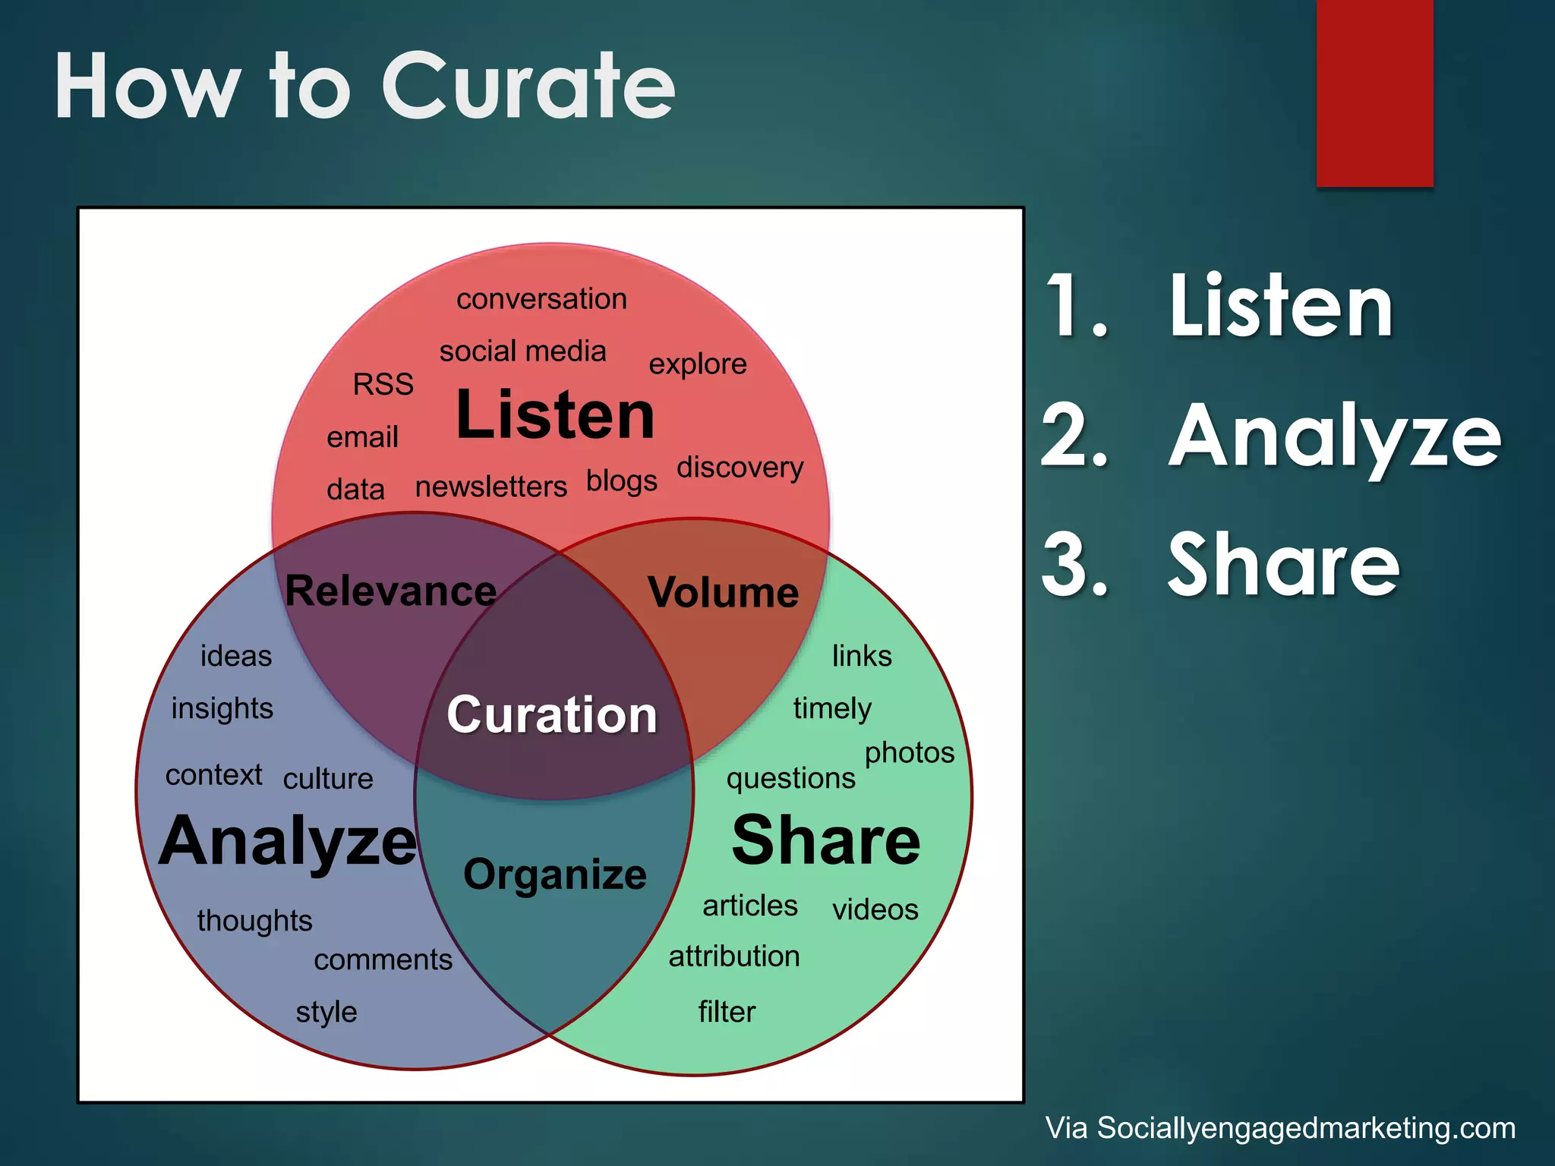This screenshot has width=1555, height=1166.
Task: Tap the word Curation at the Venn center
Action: point(552,715)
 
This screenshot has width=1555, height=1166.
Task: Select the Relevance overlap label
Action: point(390,591)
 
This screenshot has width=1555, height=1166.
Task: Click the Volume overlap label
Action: point(723,592)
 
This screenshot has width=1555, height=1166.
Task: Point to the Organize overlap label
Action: point(555,874)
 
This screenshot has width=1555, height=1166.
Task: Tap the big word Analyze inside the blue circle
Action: point(289,841)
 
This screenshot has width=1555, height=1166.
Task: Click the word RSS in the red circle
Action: point(383,384)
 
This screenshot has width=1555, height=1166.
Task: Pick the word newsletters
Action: point(490,487)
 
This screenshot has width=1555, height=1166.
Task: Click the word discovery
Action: point(740,468)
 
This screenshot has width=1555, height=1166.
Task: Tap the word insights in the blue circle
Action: point(222,708)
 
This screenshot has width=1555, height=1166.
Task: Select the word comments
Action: point(383,960)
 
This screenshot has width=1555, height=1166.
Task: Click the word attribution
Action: point(733,956)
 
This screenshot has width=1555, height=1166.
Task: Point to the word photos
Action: point(909,753)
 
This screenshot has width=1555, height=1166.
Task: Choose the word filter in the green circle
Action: point(727,1012)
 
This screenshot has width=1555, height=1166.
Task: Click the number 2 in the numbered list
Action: point(1073,435)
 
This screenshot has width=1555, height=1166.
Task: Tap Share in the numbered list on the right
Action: point(1283,566)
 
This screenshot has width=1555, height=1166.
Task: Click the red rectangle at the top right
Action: point(1374,93)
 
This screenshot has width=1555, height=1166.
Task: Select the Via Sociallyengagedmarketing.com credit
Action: point(1280,1128)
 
